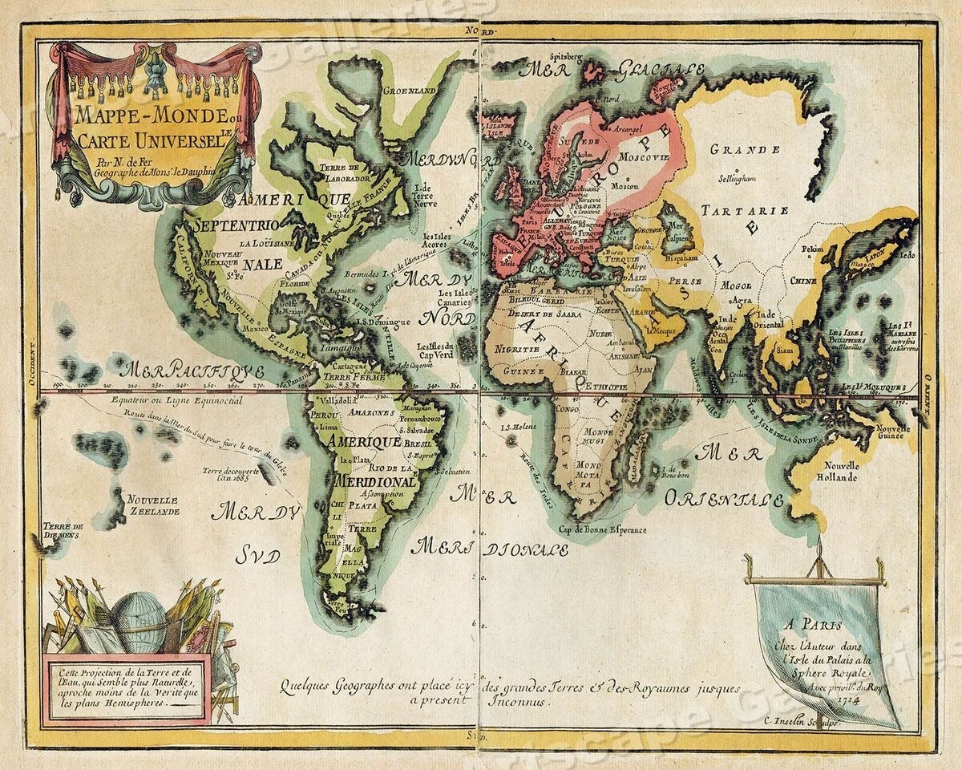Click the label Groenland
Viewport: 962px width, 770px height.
[x=410, y=91]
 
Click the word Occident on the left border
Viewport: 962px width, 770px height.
[x=34, y=361]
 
